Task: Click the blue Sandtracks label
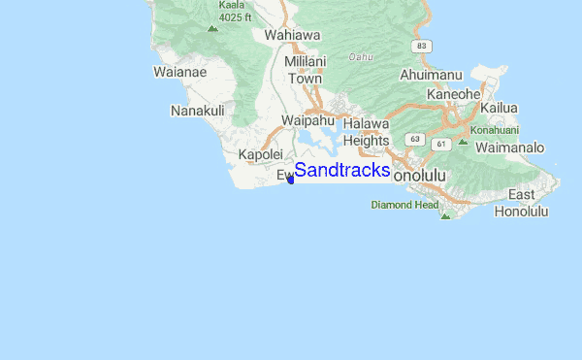pos(342,171)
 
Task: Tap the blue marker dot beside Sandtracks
pos(290,178)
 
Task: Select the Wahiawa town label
pos(292,35)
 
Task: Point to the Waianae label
pos(181,71)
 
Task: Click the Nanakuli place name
pos(197,111)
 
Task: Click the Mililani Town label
pos(304,70)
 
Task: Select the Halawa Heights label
pos(366,132)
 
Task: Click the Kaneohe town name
pos(454,93)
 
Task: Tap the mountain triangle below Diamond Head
pos(445,215)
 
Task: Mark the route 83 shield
pos(419,46)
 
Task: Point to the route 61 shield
pos(441,145)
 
